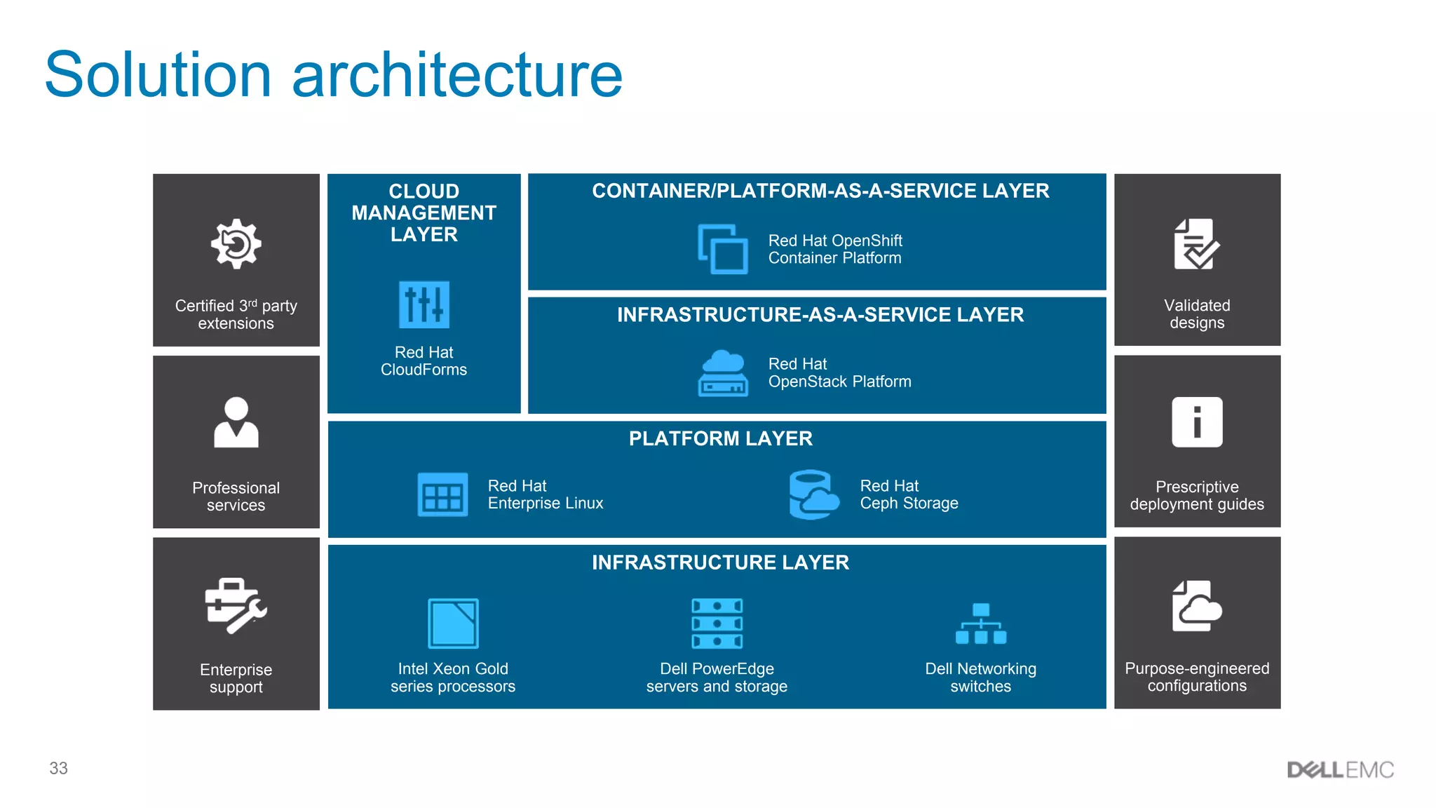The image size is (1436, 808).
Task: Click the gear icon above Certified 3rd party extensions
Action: (x=236, y=243)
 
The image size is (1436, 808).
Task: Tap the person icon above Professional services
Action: (x=236, y=422)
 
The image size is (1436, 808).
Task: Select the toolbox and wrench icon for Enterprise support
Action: (x=236, y=606)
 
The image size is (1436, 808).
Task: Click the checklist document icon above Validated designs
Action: (x=1197, y=244)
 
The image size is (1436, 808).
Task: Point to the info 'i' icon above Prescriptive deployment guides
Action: (x=1197, y=422)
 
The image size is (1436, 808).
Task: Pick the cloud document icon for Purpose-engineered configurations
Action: (x=1197, y=606)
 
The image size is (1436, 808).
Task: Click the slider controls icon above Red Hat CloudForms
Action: (x=424, y=304)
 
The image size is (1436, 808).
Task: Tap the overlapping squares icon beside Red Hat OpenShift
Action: (x=723, y=249)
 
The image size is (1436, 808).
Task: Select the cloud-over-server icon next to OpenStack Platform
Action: (x=723, y=373)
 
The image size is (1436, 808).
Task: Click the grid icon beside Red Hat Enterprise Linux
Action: (x=442, y=494)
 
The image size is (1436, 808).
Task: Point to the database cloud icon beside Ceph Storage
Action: (x=813, y=494)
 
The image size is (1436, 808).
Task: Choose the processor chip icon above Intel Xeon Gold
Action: (x=453, y=624)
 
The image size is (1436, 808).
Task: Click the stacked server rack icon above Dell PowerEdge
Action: (x=717, y=624)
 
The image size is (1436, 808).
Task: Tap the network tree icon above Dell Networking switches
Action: (x=980, y=624)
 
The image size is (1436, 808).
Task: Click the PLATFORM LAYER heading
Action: (x=720, y=439)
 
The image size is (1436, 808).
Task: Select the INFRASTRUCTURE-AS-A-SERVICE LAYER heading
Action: (x=820, y=315)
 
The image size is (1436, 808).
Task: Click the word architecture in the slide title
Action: (x=456, y=75)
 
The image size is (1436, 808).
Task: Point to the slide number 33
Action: (x=59, y=768)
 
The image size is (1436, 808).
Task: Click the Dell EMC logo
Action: (x=1340, y=770)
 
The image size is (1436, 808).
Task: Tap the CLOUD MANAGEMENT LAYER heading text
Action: (x=424, y=213)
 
